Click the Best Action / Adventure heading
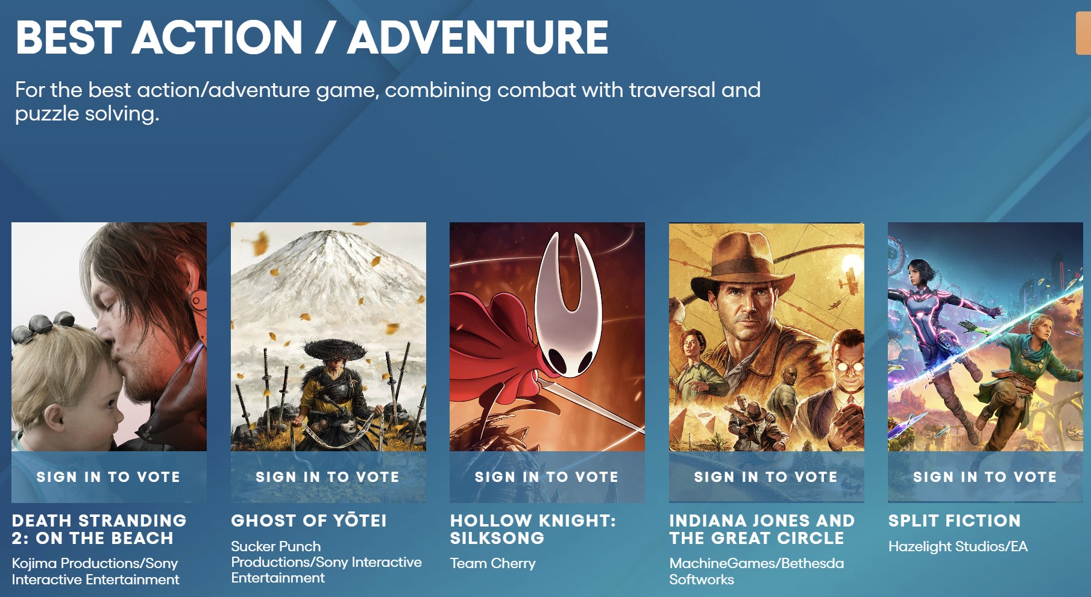312,37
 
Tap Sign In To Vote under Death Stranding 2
108,477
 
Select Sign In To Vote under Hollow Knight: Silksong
547,477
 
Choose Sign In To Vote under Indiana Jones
766,477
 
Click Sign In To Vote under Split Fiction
985,477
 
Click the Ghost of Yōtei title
309,520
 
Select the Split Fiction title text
955,520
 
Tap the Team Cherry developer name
492,563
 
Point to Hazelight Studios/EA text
958,546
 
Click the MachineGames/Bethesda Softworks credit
756,571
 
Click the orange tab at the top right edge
1083,34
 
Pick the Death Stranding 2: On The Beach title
99,529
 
